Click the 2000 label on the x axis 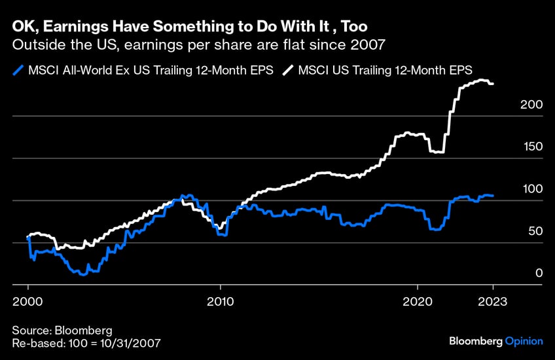[27, 302]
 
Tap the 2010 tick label [221, 302]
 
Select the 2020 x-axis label [417, 302]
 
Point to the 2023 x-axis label [493, 302]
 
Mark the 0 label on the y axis [539, 273]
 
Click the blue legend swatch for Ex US [18, 70]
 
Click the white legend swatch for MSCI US [287, 70]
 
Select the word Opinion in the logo [524, 341]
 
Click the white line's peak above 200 [483, 81]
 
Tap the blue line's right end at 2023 [493, 196]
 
